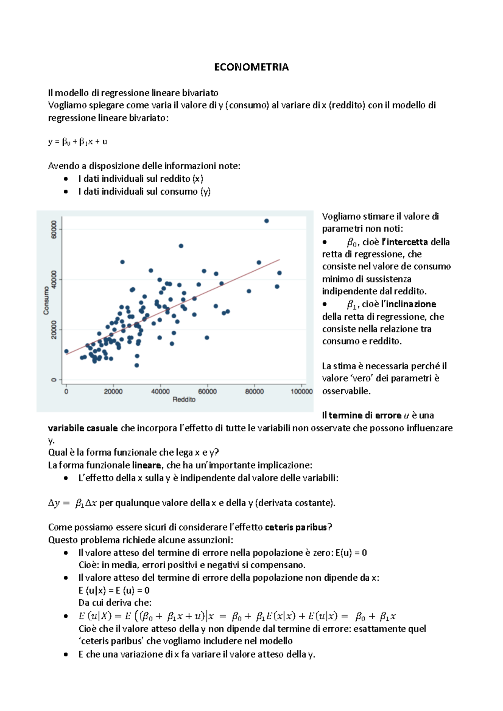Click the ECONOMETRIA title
251,67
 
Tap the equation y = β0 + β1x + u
78,142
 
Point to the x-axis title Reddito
184,399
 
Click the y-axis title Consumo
46,300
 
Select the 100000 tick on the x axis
301,392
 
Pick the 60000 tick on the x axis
207,392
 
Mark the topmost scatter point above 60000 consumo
267,221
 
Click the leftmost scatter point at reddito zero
66,351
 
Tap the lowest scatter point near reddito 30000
137,365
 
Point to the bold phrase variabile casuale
83,428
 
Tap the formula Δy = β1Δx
73,503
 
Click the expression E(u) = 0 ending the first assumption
351,553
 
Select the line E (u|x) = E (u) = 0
114,590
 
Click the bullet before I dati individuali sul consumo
66,192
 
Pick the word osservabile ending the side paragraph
346,391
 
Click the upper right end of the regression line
279,260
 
